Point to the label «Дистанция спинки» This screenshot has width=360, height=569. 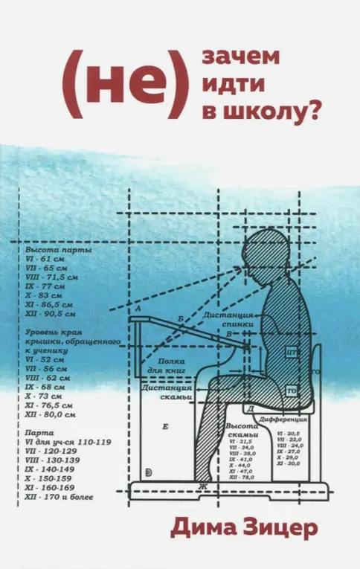[x=231, y=320]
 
